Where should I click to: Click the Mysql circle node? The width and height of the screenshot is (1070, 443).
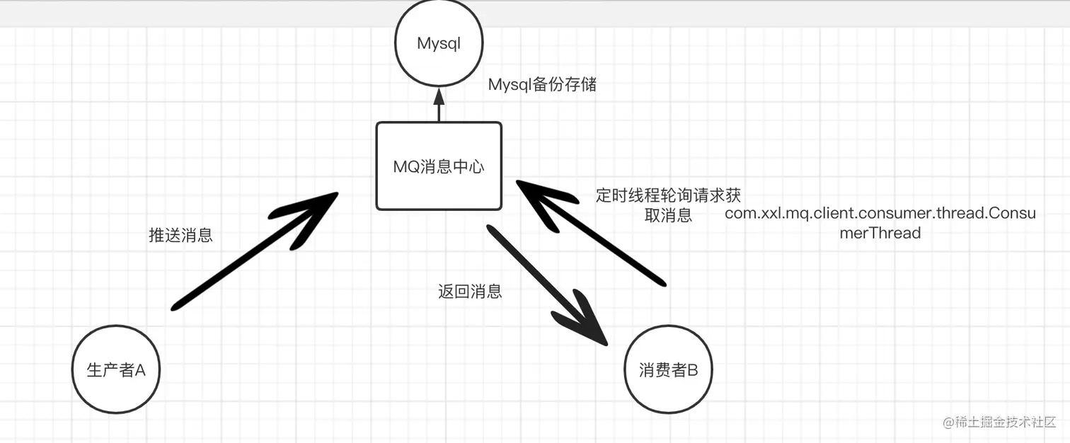click(x=439, y=44)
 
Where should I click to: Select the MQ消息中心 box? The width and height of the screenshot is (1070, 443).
click(x=439, y=166)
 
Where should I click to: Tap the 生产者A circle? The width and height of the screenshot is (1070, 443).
click(x=116, y=369)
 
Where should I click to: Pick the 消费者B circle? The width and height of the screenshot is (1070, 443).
click(x=668, y=369)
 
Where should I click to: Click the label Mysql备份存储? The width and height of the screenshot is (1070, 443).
click(x=542, y=85)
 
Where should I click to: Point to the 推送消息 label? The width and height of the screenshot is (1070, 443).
click(x=180, y=236)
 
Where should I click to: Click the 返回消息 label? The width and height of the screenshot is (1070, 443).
click(x=470, y=291)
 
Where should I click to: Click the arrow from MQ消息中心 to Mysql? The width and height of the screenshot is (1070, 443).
click(x=439, y=106)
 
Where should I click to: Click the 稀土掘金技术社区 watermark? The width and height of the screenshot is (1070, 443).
click(x=998, y=422)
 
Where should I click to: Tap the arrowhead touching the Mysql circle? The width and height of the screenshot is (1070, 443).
click(x=439, y=96)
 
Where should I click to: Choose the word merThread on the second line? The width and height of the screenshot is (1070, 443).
click(x=880, y=233)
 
